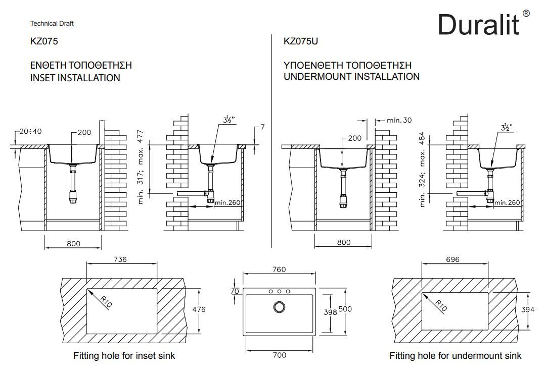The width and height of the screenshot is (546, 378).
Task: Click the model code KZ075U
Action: pyautogui.click(x=301, y=41)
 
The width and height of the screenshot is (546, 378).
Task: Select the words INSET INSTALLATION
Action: pyautogui.click(x=75, y=78)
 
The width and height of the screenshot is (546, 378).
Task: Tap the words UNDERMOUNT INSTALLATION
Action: pyautogui.click(x=351, y=77)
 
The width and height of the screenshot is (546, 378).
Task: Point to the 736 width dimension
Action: pyautogui.click(x=120, y=259)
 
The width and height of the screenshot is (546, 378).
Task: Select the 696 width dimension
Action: pyautogui.click(x=453, y=259)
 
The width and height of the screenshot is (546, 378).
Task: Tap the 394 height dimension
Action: pyautogui.click(x=527, y=310)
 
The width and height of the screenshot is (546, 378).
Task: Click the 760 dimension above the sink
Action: pyautogui.click(x=279, y=269)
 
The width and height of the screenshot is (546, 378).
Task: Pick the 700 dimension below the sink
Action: pyautogui.click(x=279, y=355)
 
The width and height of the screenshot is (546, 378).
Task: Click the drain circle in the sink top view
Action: pyautogui.click(x=279, y=307)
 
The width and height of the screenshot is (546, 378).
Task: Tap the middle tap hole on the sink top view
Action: pyautogui.click(x=279, y=291)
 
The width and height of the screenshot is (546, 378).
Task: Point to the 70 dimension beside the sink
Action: pyautogui.click(x=234, y=291)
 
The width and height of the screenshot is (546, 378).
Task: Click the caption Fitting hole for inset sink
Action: pyautogui.click(x=124, y=356)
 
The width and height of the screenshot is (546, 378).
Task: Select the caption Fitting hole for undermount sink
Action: pyautogui.click(x=455, y=356)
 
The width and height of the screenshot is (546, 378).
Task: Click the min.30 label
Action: pyautogui.click(x=399, y=120)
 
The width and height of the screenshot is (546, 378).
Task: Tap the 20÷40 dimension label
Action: pyautogui.click(x=30, y=131)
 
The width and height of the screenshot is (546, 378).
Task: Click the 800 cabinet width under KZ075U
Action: pyautogui.click(x=343, y=243)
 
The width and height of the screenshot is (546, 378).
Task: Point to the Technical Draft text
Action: pyautogui.click(x=52, y=23)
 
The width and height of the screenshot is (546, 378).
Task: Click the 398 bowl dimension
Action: pyautogui.click(x=330, y=312)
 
